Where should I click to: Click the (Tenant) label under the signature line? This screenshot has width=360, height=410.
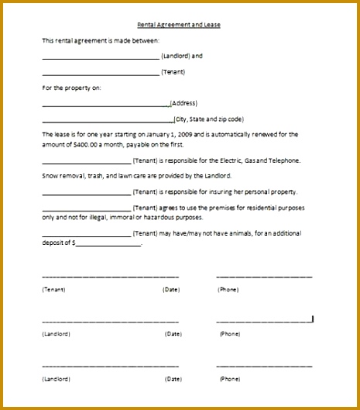point(53,289)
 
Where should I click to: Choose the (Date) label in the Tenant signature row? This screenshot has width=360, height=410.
point(171,289)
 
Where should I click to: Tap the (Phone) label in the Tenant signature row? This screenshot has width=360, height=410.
point(228,289)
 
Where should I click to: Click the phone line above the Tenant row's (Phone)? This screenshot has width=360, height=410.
point(264,277)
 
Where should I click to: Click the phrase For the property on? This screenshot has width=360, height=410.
point(71,88)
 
